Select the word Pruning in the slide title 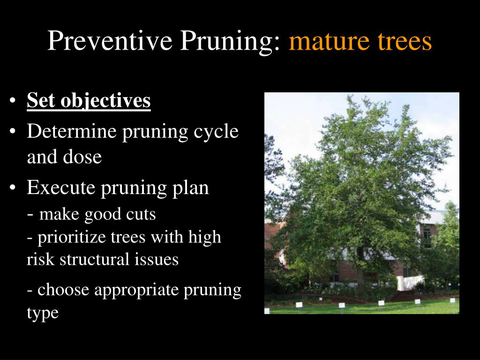tap(230, 41)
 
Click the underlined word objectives tap(105, 101)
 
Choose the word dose tap(82, 157)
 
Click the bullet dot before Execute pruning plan tap(12, 187)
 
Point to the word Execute tap(61, 187)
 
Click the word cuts tap(141, 214)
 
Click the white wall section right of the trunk tap(411, 283)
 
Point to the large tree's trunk tap(361, 270)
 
